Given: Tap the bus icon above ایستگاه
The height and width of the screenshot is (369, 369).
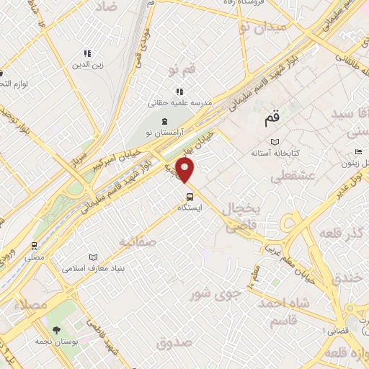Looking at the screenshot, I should coord(190,196).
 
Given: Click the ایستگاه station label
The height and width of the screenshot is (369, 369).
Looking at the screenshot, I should coord(190,207).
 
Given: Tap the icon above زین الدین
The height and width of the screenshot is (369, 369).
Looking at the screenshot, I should coord(88,53).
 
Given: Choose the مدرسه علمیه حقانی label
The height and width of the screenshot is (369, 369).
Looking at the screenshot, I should coord(180,103).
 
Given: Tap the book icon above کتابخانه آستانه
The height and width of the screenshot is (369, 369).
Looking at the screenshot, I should coord(273,142).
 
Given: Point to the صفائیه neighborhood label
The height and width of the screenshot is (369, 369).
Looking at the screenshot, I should coord(138,241).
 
